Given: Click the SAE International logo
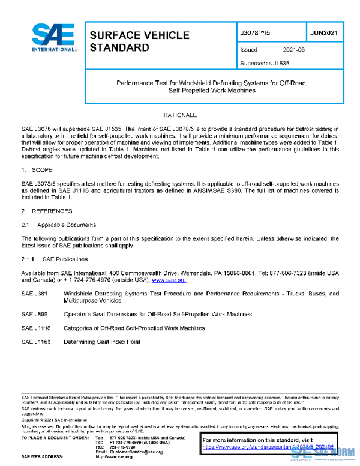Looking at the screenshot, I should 53,37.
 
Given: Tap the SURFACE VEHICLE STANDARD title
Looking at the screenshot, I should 139,41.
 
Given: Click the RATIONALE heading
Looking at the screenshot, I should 180,115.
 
